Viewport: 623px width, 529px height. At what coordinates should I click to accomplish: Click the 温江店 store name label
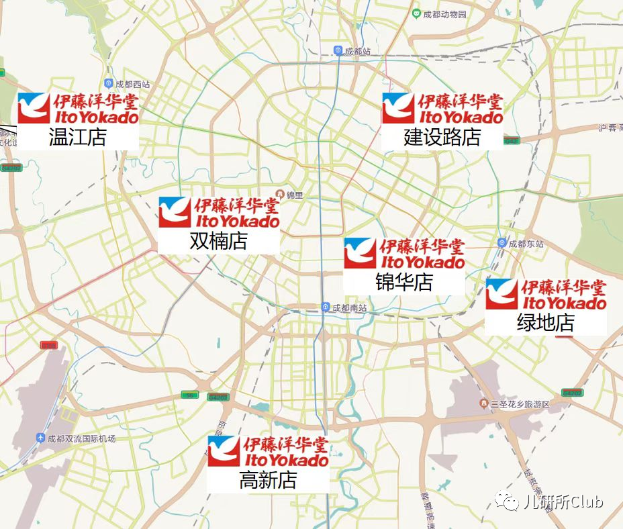click(x=78, y=138)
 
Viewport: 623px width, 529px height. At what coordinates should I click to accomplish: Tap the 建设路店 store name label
click(x=442, y=138)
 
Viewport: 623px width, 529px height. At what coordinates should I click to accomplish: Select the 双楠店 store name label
click(x=219, y=241)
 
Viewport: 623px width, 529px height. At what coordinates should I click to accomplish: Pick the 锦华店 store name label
click(x=404, y=282)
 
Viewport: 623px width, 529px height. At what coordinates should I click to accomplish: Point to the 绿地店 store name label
click(x=546, y=323)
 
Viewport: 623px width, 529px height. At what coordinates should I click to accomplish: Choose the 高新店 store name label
click(x=268, y=480)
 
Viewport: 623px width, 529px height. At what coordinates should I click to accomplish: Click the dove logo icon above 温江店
click(x=34, y=108)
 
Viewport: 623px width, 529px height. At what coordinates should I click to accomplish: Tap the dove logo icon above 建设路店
click(x=398, y=108)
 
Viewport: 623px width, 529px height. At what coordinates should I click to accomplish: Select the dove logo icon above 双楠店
click(x=175, y=212)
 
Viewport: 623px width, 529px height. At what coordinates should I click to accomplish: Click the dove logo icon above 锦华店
click(x=360, y=253)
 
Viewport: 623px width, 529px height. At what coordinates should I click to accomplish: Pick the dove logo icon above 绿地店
click(x=501, y=294)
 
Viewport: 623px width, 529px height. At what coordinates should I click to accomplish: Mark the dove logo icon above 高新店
click(x=224, y=451)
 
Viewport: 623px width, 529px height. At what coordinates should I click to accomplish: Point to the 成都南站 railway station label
click(x=350, y=307)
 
